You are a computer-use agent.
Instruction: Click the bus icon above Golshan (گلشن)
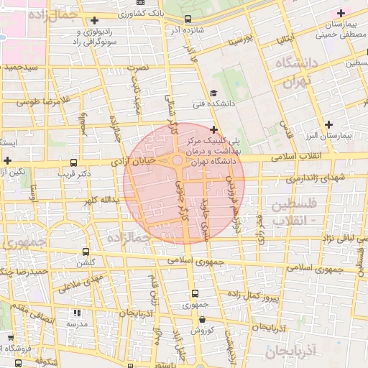pyautogui.click(x=86, y=252)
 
